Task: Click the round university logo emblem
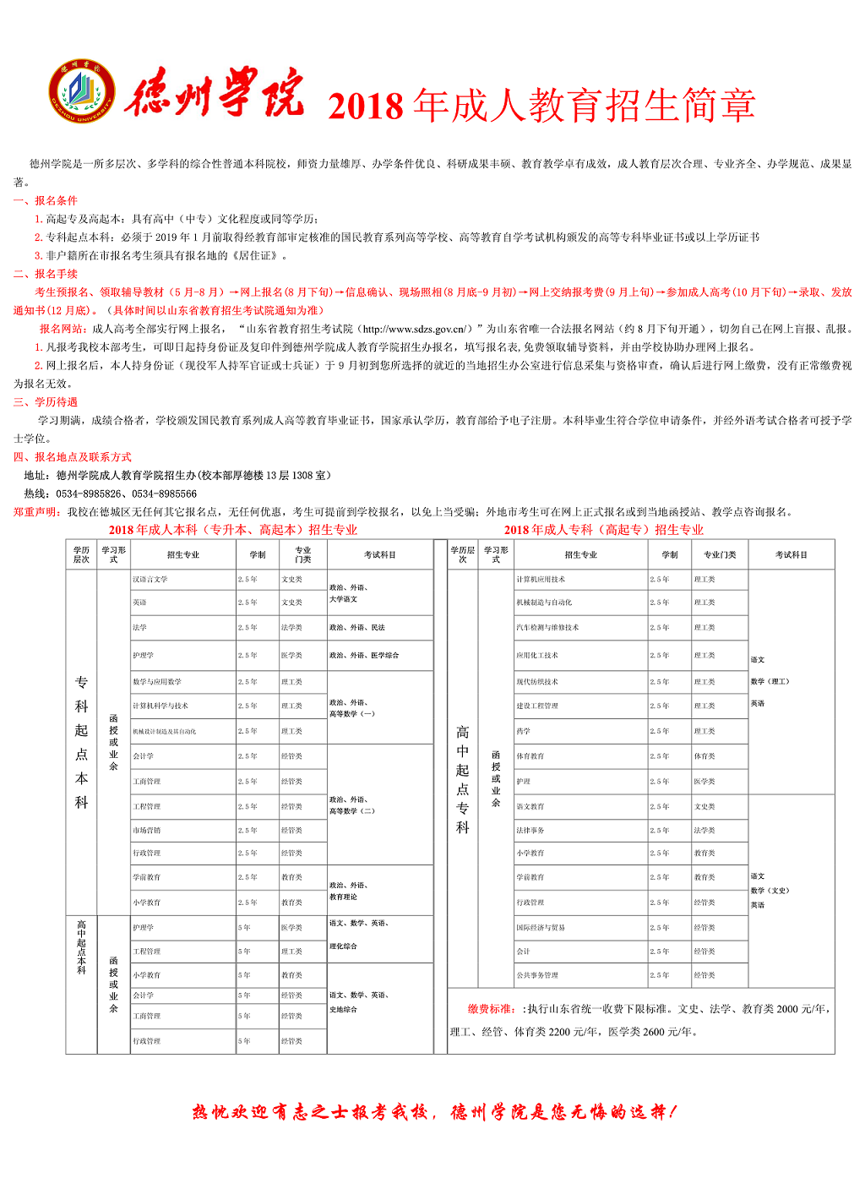click(81, 91)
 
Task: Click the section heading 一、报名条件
click(46, 201)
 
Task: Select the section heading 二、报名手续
click(46, 274)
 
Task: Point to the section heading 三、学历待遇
click(46, 402)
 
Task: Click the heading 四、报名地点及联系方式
click(73, 457)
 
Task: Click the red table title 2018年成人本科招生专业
click(232, 530)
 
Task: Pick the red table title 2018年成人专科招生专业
click(603, 530)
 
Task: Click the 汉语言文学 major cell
click(150, 580)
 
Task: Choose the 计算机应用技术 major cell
click(541, 580)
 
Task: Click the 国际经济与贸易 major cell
click(541, 928)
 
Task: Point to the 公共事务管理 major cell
click(537, 975)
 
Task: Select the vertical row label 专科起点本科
click(81, 742)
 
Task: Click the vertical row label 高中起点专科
click(462, 779)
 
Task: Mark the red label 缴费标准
click(491, 1009)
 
